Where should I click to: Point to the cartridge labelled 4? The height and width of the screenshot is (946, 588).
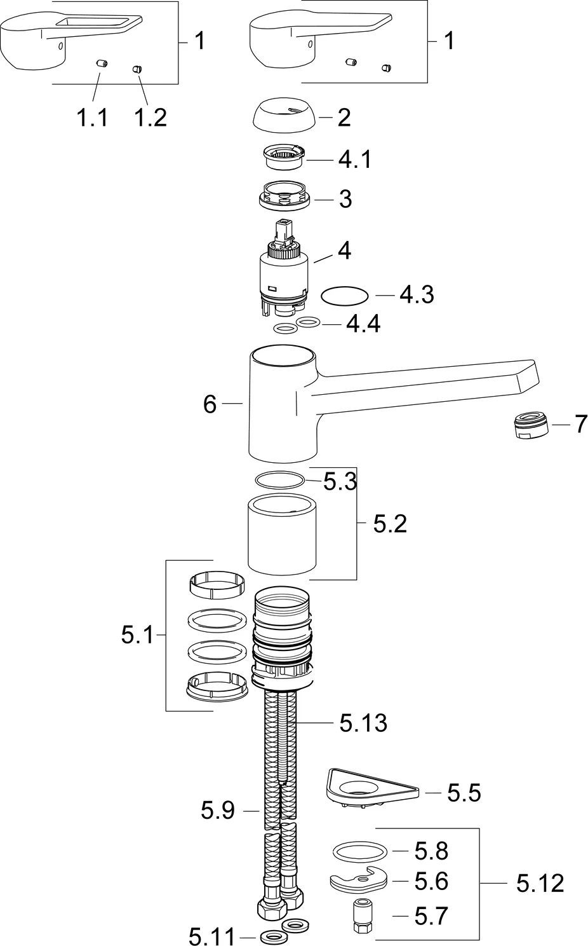(284, 270)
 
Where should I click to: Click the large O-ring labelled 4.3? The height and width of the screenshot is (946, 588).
(345, 296)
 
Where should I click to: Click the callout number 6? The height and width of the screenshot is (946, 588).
(210, 404)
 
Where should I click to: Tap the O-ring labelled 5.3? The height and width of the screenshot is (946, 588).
(280, 479)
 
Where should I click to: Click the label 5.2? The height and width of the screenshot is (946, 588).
(390, 524)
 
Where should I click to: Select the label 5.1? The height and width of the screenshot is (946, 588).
(138, 634)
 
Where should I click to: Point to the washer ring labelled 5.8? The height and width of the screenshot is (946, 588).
(359, 851)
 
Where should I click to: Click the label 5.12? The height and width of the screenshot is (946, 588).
(540, 883)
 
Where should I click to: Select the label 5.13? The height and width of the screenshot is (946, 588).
(363, 722)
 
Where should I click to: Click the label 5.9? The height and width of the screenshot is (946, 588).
(218, 810)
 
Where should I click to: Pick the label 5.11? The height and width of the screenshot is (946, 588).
(211, 936)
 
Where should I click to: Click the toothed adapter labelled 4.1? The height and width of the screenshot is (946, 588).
(284, 157)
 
